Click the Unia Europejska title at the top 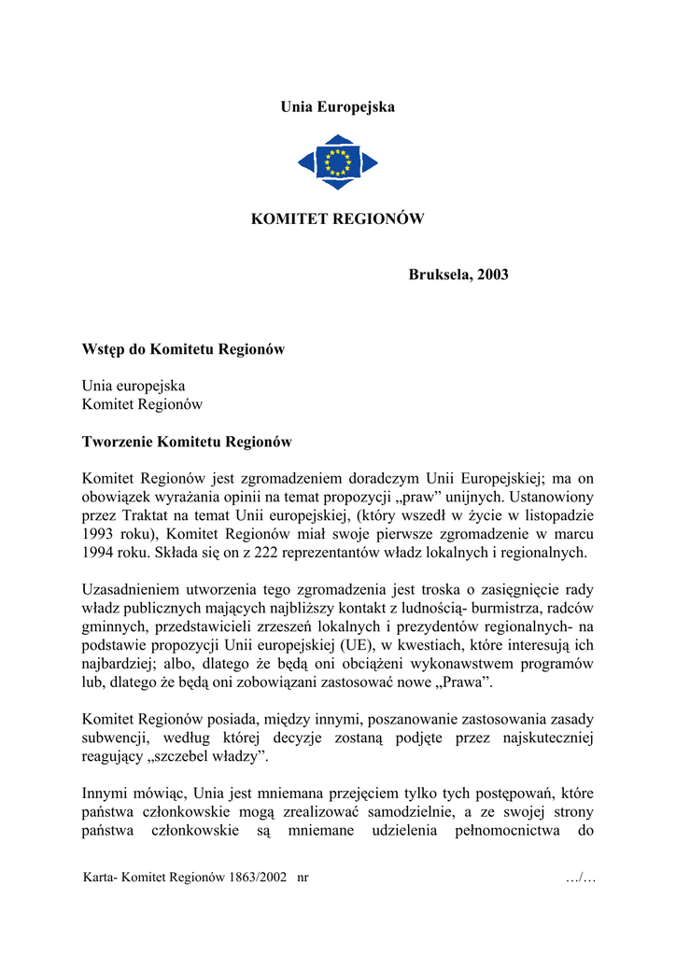tap(338, 107)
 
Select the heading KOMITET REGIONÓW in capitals tap(338, 219)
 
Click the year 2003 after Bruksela tap(492, 274)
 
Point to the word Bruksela tap(440, 274)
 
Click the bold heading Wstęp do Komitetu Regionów tap(183, 349)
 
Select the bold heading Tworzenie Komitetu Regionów tap(187, 442)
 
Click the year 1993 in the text tap(97, 533)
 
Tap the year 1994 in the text tap(97, 552)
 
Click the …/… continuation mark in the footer tap(581, 879)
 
